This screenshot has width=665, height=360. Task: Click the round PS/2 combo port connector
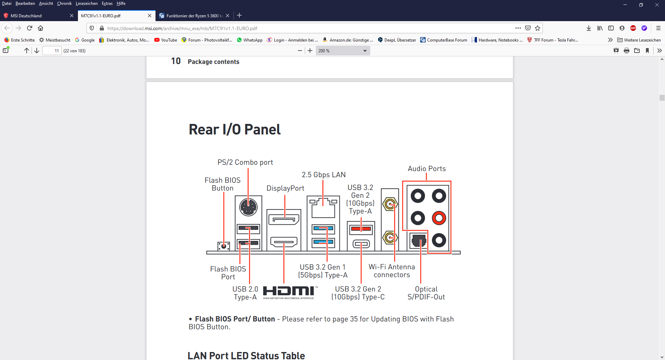pos(248,207)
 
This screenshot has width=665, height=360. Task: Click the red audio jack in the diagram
pos(439,218)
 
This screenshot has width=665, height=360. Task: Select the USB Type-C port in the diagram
pos(361,244)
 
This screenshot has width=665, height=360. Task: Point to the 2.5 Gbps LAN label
pos(323,175)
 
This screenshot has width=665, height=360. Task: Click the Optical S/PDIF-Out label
pos(426,293)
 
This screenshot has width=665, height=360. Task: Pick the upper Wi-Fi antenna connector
pos(390,204)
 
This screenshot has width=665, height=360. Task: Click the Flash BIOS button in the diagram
pos(224,246)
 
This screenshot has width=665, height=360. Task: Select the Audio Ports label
pos(427,169)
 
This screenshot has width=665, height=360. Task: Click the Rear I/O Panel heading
pos(234,129)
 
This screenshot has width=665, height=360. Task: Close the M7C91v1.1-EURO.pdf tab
pos(150,16)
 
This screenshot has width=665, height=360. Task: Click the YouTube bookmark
pos(166,40)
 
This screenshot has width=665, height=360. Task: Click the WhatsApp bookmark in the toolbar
pos(249,40)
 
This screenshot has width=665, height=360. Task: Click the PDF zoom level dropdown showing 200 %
pos(343,51)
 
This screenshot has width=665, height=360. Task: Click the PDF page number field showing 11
pos(52,51)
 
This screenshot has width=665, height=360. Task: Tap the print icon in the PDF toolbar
pos(627,51)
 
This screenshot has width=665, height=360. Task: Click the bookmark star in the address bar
pos(538,28)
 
